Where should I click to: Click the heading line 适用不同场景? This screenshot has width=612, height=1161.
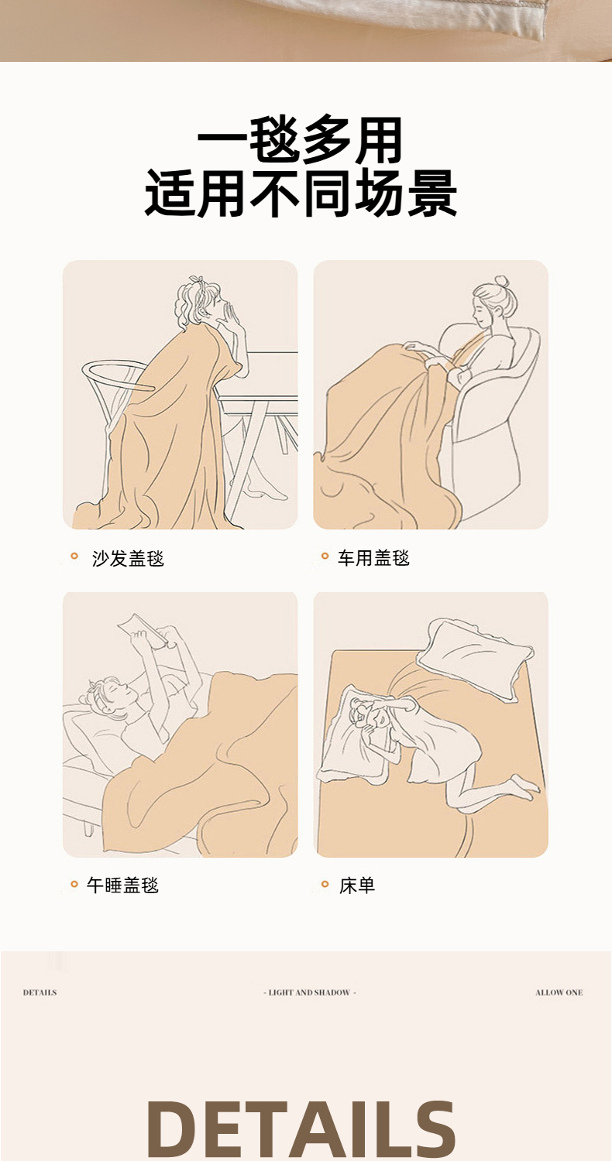click(x=301, y=193)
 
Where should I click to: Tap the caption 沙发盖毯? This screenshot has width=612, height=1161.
click(x=128, y=559)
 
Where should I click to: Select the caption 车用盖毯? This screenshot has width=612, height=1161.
click(x=373, y=558)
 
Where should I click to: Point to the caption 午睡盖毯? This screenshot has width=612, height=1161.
click(x=122, y=885)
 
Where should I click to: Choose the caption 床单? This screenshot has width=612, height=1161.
click(x=357, y=885)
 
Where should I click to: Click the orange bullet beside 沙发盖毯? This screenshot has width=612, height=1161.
click(x=74, y=557)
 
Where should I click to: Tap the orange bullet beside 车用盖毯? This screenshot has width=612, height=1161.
click(x=325, y=557)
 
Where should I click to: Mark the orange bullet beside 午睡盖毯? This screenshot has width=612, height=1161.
click(x=74, y=884)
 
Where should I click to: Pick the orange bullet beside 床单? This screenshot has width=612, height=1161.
click(x=325, y=884)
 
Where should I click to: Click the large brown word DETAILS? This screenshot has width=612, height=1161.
click(x=301, y=1130)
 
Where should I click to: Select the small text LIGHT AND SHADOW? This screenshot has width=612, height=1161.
click(x=310, y=992)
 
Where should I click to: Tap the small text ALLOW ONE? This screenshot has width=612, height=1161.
click(x=559, y=992)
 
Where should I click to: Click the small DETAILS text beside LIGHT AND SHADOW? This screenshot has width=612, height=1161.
click(x=40, y=992)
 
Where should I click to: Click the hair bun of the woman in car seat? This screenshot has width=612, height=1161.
click(x=501, y=283)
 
